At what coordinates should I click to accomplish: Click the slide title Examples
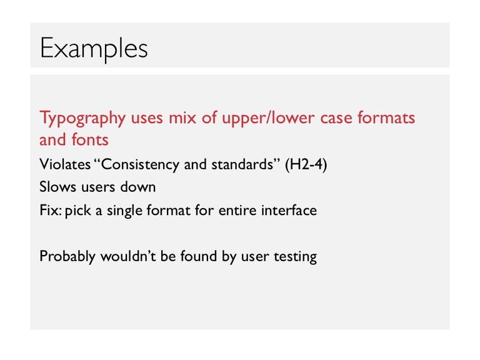coord(94,49)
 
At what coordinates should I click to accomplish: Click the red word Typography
coord(82,119)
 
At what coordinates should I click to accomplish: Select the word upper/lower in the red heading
coord(268,119)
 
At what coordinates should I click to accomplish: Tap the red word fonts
coord(90,139)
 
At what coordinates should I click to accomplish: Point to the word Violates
coord(65,164)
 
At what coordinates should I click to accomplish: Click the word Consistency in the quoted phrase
coord(140,165)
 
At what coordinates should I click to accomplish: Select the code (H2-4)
coord(306,165)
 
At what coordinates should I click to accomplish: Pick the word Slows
coord(58,187)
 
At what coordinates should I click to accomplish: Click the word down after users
coord(137,187)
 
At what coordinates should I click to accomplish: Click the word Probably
coord(67,256)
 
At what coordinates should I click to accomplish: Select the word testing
coord(296,257)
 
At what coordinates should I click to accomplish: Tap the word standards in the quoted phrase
coord(242,164)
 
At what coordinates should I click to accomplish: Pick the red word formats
coord(386,117)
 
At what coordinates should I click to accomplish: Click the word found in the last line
coord(198,256)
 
